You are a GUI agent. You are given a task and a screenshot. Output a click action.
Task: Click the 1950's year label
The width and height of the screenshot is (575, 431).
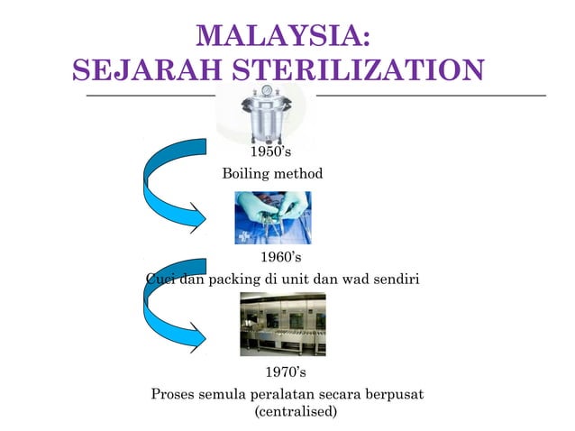269,151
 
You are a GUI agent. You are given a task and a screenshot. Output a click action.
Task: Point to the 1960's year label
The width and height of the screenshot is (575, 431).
280,258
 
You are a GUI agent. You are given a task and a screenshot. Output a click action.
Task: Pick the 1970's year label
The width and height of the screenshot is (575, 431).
287,371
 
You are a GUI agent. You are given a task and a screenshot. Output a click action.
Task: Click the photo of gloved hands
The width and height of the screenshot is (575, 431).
272,217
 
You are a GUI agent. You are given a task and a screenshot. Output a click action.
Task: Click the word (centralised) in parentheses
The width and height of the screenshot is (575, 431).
296,412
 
